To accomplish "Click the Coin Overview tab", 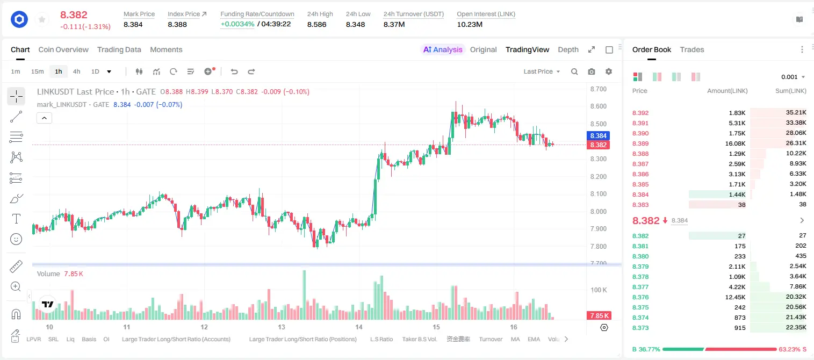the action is (63, 49).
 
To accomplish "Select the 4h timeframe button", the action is (76, 71).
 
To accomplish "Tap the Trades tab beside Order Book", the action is (692, 49).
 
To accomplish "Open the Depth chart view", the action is (568, 49).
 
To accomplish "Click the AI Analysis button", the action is (443, 49).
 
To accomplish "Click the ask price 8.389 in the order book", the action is (640, 143).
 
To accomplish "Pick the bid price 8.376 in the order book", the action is (640, 297).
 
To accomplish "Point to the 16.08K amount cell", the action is (735, 143).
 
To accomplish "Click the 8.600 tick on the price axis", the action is (599, 106).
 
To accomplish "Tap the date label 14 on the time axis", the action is (359, 327).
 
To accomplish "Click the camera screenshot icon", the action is (592, 71).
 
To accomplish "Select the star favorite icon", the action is (42, 19).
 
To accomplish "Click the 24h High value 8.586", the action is (317, 24).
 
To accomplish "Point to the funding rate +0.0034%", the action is (237, 24).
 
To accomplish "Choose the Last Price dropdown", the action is (542, 71).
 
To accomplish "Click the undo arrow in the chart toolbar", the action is (234, 71).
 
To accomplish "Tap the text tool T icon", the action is (16, 219).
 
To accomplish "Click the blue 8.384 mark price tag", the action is (598, 136).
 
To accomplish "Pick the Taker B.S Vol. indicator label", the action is (419, 339).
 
